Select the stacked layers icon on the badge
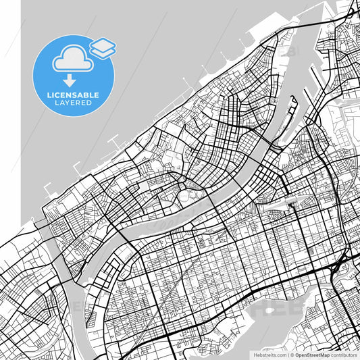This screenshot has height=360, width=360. pos(103,47)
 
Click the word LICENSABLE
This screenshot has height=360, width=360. pos(72,96)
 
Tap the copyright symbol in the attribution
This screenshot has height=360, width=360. pos(292,354)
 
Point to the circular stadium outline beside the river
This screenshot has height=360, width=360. pos(184,197)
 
